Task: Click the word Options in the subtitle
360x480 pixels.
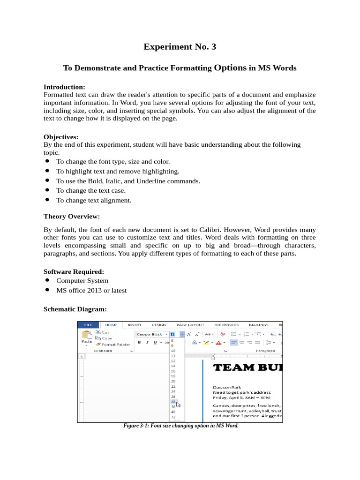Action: click(x=230, y=67)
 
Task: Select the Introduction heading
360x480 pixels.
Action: click(x=64, y=87)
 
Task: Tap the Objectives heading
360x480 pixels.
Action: click(x=61, y=137)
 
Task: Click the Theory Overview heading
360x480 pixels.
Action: click(x=72, y=217)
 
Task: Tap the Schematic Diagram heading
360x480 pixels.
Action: click(x=75, y=309)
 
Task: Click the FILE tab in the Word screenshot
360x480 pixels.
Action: click(x=88, y=324)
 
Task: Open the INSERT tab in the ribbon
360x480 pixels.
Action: click(x=135, y=324)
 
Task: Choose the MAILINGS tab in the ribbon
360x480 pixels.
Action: click(x=259, y=324)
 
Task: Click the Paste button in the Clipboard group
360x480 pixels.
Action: click(x=87, y=337)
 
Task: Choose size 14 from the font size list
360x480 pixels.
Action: click(x=173, y=366)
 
